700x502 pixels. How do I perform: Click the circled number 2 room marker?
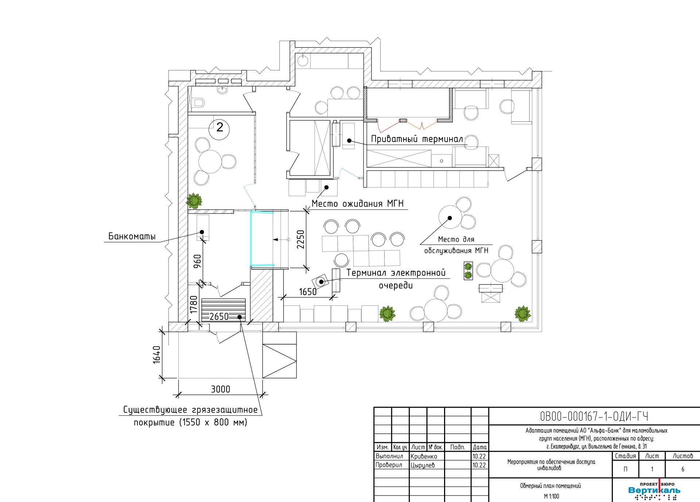point(220,127)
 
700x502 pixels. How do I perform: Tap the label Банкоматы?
point(132,237)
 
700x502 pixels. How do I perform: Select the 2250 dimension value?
point(300,239)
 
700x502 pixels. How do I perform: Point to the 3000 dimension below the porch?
point(221,389)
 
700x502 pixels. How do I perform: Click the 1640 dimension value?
point(156,354)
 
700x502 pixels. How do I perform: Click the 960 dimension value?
point(197,261)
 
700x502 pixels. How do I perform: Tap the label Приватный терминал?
point(417,139)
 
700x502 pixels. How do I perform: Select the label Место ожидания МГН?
point(358,203)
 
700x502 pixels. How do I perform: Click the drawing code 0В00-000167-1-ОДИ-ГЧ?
point(594,416)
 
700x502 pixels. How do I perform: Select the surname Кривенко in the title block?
point(424,456)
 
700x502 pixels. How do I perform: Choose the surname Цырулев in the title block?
point(423,465)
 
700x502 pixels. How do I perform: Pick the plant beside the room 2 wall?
point(194,201)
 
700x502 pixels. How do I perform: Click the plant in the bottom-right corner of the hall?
point(522,313)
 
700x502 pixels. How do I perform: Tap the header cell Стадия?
point(625,456)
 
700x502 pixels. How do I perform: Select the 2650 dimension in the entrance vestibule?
point(219,316)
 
